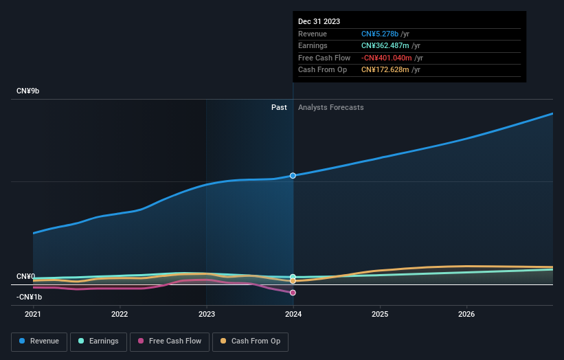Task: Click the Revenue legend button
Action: [39, 341]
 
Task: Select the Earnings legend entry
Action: [98, 341]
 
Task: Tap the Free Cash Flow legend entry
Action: [169, 341]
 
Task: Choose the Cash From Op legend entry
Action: [251, 341]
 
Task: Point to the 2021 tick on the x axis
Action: [33, 315]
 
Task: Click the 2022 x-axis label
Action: [120, 315]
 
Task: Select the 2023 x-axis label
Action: [207, 315]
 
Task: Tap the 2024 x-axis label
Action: [293, 315]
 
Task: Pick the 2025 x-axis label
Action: [380, 315]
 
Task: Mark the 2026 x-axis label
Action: [466, 315]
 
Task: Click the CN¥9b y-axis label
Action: [28, 91]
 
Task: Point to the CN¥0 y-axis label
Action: [25, 276]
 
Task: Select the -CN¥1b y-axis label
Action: [29, 297]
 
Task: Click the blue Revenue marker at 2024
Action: [293, 176]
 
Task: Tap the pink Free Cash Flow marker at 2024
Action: [293, 293]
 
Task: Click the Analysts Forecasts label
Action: [330, 107]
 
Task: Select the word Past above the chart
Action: [279, 107]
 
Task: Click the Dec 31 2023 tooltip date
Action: [319, 22]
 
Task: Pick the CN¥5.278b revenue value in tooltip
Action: [385, 34]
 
